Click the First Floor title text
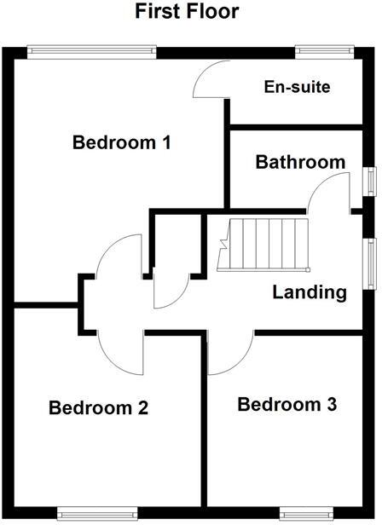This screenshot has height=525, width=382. click(187, 12)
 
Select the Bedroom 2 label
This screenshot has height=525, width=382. click(99, 407)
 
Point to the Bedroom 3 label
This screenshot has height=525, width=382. click(287, 403)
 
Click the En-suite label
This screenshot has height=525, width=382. click(296, 87)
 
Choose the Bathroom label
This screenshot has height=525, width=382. click(300, 162)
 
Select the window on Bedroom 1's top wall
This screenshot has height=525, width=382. click(91, 51)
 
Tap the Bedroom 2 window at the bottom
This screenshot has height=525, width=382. click(97, 512)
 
